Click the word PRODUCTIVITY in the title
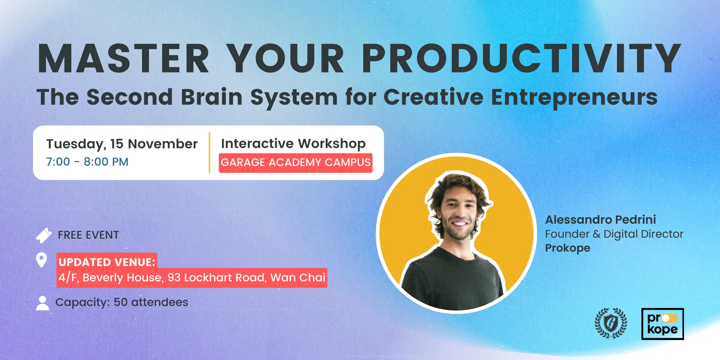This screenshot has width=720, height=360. tap(522, 58)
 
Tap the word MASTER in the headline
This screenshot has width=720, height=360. tap(124, 58)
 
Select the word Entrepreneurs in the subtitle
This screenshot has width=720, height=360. tap(574, 97)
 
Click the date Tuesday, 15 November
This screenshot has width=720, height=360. tap(122, 144)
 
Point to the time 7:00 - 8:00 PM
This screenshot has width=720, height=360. tap(87, 162)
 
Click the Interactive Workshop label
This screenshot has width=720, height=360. tap(293, 144)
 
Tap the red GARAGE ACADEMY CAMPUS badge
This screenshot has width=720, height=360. tap(296, 163)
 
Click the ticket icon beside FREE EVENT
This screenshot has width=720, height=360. tap(44, 235)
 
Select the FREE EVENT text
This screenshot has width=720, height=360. tap(88, 235)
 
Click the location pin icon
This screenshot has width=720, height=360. tap(41, 260)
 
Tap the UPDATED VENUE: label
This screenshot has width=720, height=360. tap(107, 262)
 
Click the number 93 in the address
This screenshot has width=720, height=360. tap(174, 277)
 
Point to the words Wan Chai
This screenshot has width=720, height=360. tap(298, 277)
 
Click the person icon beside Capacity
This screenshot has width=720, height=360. tap(42, 303)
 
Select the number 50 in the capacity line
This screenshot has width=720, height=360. tap(121, 302)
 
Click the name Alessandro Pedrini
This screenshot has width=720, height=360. tap(601, 220)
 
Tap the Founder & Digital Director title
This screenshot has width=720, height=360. tap(614, 234)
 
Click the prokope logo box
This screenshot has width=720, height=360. tap(663, 324)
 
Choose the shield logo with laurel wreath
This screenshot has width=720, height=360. tap(611, 323)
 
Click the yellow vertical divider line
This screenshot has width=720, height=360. tap(209, 153)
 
